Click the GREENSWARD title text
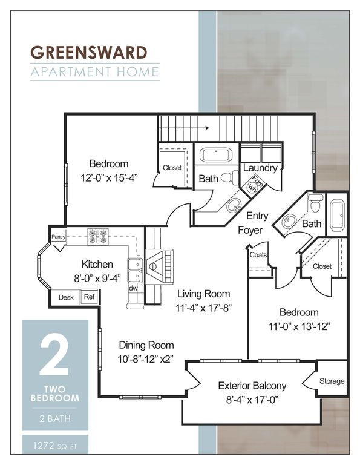click(x=89, y=53)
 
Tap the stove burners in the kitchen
click(x=98, y=236)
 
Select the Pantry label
click(x=58, y=237)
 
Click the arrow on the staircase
click(x=184, y=128)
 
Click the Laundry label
click(x=260, y=168)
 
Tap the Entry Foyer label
click(x=254, y=223)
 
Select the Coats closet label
click(x=258, y=255)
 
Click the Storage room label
click(x=332, y=381)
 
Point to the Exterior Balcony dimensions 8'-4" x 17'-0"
click(x=252, y=400)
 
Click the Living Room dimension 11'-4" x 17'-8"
click(x=203, y=308)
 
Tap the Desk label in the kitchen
click(x=66, y=297)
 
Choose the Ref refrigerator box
click(x=89, y=297)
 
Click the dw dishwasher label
click(x=133, y=288)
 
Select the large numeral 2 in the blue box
click(x=54, y=355)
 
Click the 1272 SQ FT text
click(x=55, y=446)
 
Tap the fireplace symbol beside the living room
click(x=159, y=266)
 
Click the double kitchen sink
click(x=135, y=270)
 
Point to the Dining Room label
click(x=146, y=345)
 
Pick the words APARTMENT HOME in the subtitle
click(x=95, y=72)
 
